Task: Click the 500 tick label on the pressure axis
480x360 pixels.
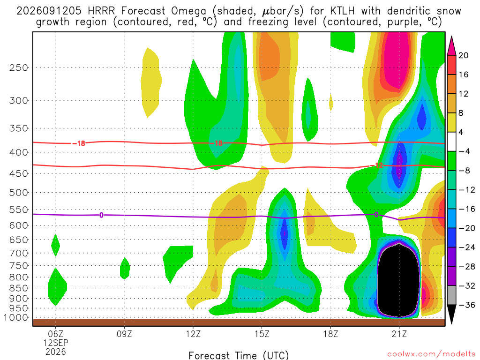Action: point(19,193)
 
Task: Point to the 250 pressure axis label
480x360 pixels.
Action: point(19,67)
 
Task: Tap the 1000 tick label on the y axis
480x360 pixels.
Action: point(16,318)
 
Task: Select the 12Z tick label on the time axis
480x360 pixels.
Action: point(193,334)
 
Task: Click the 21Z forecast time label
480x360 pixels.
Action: point(399,334)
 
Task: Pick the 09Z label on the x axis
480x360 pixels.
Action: point(124,334)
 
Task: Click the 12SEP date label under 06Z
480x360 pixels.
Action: point(56,343)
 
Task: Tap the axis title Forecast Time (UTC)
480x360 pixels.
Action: point(239,355)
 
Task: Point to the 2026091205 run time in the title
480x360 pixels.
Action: point(49,11)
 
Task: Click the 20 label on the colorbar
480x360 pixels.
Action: point(464,55)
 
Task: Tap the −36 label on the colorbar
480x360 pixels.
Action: point(467,305)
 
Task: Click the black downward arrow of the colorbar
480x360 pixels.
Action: point(451,314)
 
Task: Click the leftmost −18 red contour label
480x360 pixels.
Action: point(79,143)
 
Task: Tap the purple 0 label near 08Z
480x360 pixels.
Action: point(101,215)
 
